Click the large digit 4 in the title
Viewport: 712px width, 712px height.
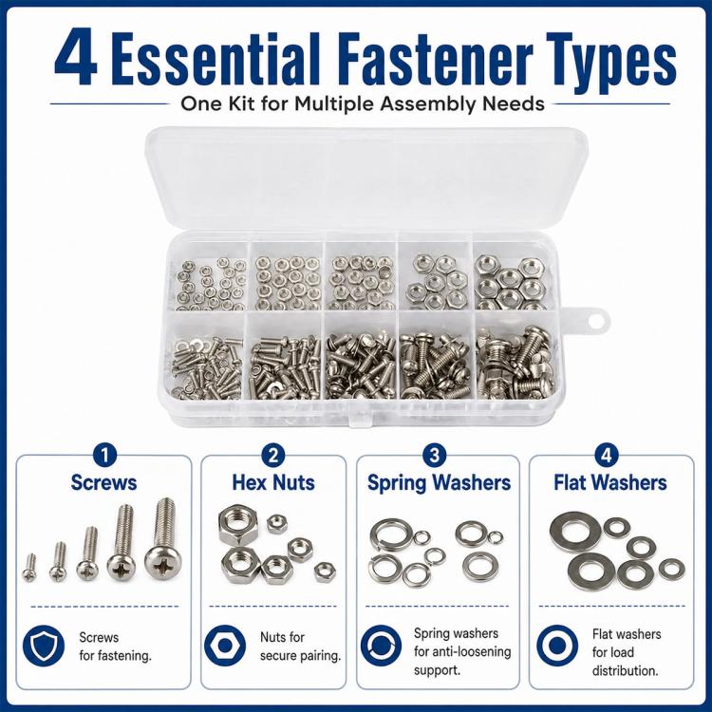[x=75, y=58]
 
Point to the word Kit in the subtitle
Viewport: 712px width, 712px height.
[x=241, y=103]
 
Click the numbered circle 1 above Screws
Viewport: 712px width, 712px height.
[x=104, y=456]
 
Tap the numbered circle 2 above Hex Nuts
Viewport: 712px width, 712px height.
[x=273, y=456]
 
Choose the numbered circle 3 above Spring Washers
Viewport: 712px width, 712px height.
[x=435, y=456]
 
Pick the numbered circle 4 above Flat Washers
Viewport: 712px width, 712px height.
[x=607, y=456]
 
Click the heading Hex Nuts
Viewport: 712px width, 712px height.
[x=273, y=482]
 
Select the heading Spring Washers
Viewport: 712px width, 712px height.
[x=440, y=483]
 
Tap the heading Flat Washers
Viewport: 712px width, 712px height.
[x=610, y=482]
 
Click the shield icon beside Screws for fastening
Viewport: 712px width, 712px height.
[x=44, y=646]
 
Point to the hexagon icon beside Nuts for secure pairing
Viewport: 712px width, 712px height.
[x=225, y=646]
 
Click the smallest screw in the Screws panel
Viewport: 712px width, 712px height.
[x=29, y=568]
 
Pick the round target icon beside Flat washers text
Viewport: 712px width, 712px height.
[x=557, y=646]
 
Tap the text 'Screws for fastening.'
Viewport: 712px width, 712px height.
[x=115, y=646]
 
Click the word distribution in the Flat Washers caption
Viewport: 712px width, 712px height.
[x=626, y=670]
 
